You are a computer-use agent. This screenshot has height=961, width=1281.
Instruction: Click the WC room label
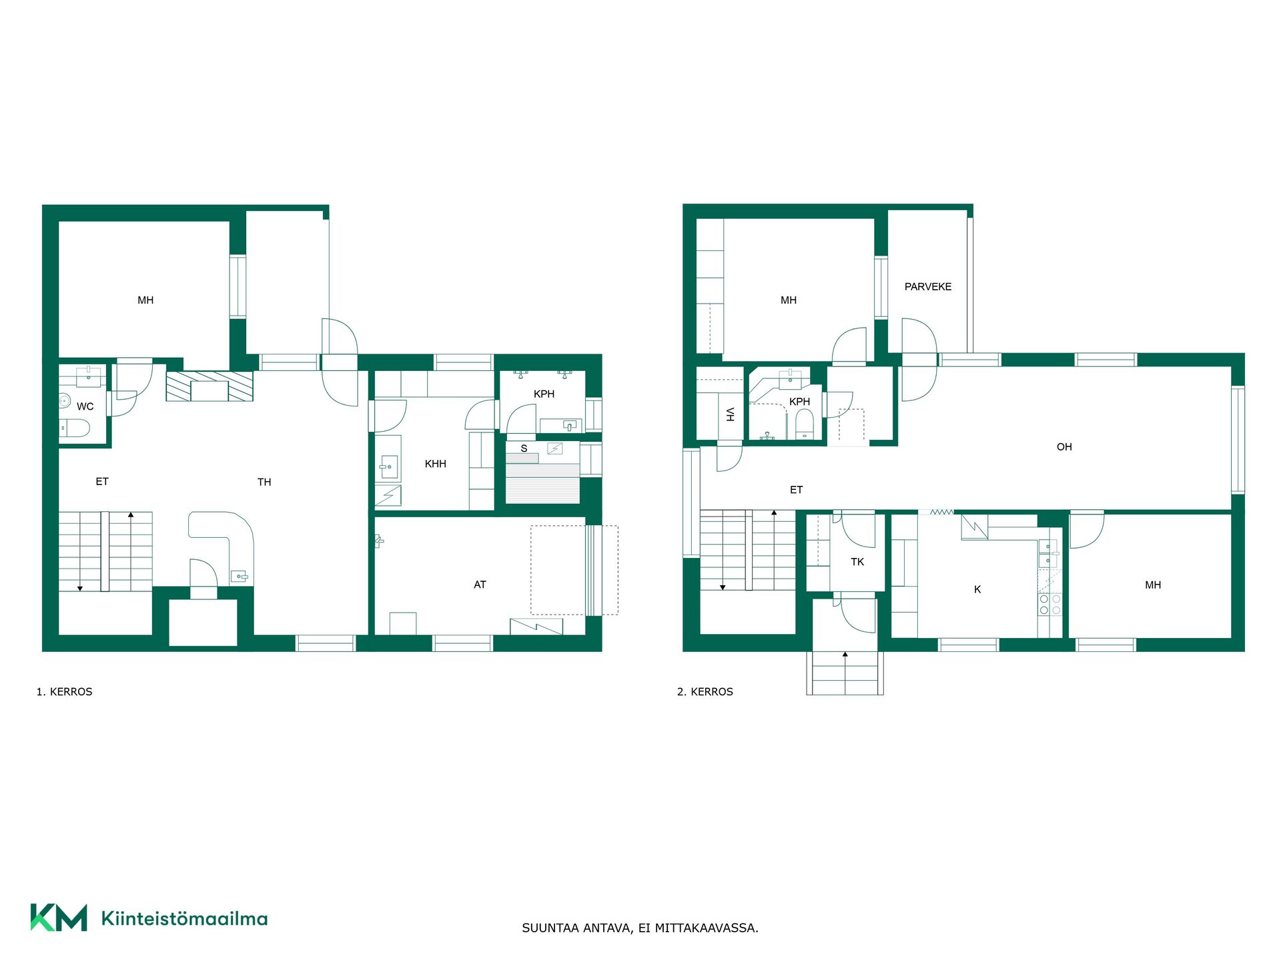85,406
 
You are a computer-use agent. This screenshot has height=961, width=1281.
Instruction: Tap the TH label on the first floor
264,482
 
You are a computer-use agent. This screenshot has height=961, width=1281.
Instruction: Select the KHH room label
435,464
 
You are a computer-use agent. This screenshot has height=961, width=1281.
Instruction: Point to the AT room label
480,585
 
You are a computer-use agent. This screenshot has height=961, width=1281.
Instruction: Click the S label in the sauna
524,448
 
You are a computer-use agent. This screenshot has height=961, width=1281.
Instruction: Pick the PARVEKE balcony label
927,287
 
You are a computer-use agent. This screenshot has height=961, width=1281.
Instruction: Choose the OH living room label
1064,447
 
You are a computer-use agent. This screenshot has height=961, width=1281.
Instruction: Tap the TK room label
857,562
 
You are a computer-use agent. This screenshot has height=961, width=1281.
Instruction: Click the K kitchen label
977,589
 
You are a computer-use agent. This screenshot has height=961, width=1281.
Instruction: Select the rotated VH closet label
730,414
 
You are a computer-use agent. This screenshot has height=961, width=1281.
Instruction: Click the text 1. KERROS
64,692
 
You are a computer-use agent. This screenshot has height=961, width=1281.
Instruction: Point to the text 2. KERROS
705,692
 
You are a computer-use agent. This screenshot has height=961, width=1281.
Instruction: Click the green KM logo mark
59,918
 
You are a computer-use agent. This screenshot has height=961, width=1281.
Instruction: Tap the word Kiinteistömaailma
184,918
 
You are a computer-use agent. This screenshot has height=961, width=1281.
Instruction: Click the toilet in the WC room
75,428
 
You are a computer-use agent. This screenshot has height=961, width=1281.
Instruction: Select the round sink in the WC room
65,400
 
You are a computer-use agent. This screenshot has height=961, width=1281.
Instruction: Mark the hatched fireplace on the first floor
209,386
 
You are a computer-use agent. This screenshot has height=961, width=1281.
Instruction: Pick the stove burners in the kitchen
1049,604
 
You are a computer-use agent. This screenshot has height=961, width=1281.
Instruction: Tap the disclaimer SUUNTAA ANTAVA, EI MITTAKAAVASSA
640,928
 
